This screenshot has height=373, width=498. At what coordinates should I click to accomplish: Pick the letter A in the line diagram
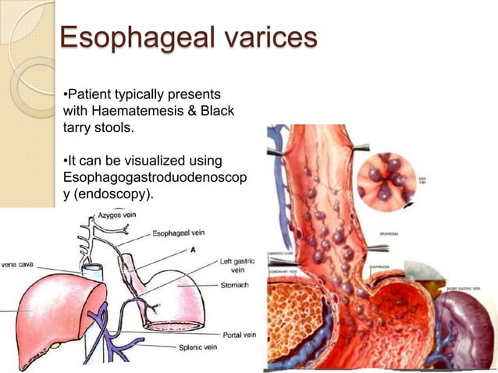click(192, 250)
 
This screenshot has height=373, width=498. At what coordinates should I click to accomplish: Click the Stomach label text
click(233, 286)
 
